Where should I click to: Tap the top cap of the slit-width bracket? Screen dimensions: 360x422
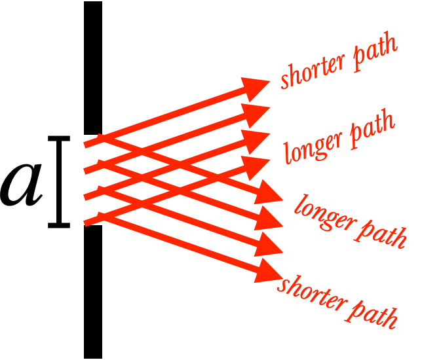pyautogui.click(x=59, y=139)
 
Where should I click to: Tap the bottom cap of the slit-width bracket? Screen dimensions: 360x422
pyautogui.click(x=59, y=226)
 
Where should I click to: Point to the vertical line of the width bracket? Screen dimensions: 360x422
pyautogui.click(x=59, y=183)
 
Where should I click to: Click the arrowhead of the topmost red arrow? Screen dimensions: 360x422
pyautogui.click(x=259, y=84)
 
